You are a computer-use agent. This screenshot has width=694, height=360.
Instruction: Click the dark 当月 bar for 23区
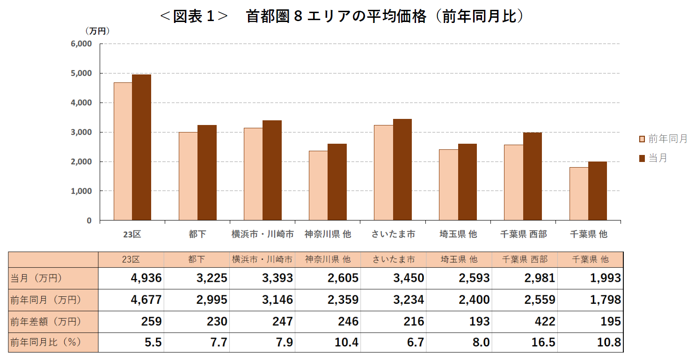[141, 147]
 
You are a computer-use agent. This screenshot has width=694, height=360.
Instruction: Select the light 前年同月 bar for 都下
[188, 176]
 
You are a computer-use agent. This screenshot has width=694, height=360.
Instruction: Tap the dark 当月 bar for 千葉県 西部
[532, 176]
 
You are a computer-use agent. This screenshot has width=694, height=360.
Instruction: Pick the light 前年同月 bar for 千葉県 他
[579, 194]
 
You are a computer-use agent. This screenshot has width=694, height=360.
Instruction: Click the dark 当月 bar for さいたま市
[402, 169]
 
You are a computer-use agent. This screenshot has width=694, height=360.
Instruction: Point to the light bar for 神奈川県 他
[318, 185]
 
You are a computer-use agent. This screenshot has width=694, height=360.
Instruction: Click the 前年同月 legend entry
[663, 139]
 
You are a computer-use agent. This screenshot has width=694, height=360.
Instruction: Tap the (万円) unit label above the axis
[97, 31]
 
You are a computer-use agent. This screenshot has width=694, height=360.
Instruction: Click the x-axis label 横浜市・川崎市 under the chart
[263, 234]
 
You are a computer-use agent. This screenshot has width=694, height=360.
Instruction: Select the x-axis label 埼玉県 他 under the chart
[458, 234]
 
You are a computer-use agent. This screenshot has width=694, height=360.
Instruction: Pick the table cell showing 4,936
[146, 278]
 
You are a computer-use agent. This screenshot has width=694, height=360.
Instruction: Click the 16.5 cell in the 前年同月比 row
[544, 343]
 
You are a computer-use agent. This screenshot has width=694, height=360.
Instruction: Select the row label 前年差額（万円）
[45, 322]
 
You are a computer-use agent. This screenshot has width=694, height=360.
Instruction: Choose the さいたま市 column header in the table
[393, 259]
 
